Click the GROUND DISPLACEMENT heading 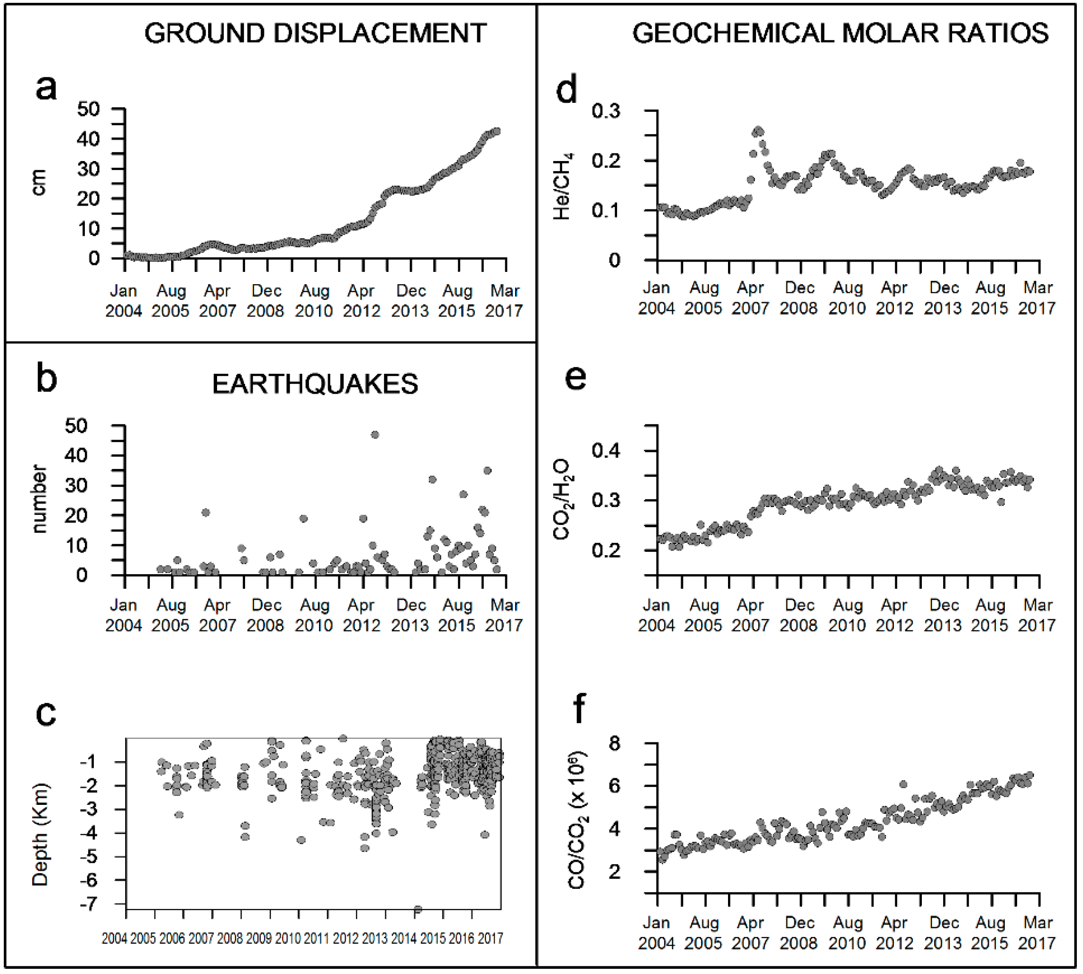click(315, 33)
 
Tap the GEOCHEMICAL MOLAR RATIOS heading click(840, 33)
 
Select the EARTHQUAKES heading click(315, 384)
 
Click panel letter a click(46, 87)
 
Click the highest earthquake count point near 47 click(375, 435)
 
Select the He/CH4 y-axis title click(563, 186)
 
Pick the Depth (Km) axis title click(40, 835)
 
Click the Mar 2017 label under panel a click(504, 301)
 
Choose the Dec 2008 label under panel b click(266, 615)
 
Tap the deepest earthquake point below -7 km click(418, 909)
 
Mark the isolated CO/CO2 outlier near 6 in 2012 click(903, 784)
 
